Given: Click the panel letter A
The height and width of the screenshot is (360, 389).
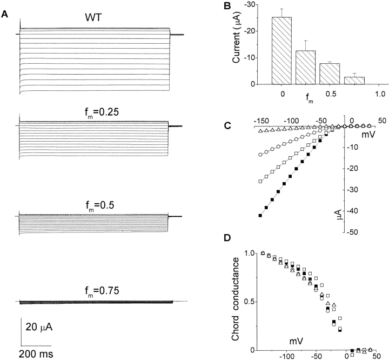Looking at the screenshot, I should pyautogui.click(x=5, y=15).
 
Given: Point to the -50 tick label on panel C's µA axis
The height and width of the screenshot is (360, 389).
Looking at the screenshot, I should pyautogui.click(x=354, y=232).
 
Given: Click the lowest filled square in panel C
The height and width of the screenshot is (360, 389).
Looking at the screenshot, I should pyautogui.click(x=260, y=216).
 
